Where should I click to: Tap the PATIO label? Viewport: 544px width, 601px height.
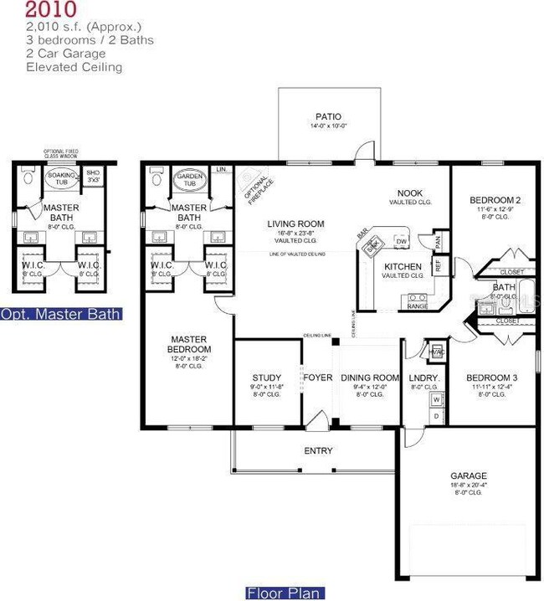[x=328, y=117]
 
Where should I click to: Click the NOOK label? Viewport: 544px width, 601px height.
[x=410, y=193]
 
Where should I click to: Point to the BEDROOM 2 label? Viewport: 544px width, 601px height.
[x=490, y=199]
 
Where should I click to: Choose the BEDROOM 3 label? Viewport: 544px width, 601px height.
[x=491, y=378]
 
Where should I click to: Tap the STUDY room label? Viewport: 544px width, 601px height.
[x=266, y=378]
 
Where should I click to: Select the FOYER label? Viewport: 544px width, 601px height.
[x=318, y=378]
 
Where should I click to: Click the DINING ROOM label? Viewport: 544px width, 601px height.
[x=369, y=378]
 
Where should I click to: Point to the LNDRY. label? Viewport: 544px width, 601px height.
[x=424, y=378]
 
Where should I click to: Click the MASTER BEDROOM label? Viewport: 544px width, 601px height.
[x=188, y=343]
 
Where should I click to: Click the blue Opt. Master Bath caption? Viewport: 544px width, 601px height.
[x=60, y=315]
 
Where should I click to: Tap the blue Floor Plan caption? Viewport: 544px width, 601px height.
[x=282, y=593]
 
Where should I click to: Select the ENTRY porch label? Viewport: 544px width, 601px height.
[x=318, y=451]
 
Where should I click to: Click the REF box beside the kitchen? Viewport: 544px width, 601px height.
[x=439, y=262]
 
